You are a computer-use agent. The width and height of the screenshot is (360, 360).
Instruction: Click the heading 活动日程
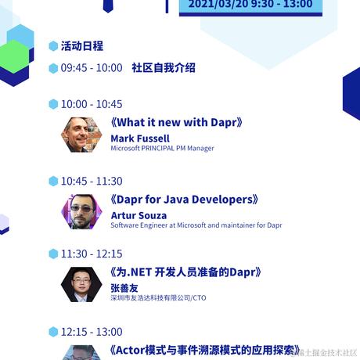coord(81,46)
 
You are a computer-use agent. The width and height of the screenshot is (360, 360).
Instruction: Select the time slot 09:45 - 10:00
coord(91,68)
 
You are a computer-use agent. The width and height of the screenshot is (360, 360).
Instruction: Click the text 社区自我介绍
coord(164,68)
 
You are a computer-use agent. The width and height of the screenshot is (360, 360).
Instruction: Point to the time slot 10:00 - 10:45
coord(91,104)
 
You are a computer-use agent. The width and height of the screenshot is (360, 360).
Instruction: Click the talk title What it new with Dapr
coord(177,123)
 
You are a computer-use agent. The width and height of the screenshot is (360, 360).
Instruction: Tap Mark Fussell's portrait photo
coord(81,135)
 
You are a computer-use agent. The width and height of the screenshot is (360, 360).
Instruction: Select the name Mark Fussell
coord(139,138)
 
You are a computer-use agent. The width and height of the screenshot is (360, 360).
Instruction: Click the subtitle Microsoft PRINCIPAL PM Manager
coord(162,148)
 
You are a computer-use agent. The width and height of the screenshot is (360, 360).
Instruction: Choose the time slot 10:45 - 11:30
coord(91,181)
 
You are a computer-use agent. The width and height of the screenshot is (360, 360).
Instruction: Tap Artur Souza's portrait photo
coord(81,211)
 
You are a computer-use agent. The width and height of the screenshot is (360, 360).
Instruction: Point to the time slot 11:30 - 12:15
coord(91,254)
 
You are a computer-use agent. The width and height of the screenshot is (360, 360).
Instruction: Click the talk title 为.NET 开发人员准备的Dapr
coord(185,272)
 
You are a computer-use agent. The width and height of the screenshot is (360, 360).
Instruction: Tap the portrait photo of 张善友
coord(81,284)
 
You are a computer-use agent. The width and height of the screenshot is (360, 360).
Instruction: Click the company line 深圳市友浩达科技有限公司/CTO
coord(158,297)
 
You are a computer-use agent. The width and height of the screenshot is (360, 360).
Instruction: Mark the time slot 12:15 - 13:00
coord(91,332)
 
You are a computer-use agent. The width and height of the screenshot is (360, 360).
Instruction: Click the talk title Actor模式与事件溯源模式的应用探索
coord(206,350)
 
